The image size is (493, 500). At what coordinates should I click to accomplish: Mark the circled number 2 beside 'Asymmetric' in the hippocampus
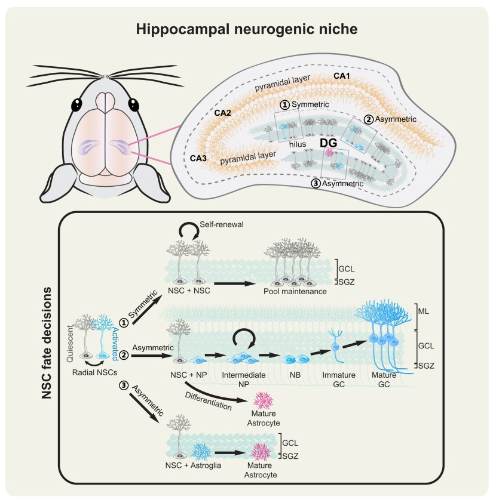369,119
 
